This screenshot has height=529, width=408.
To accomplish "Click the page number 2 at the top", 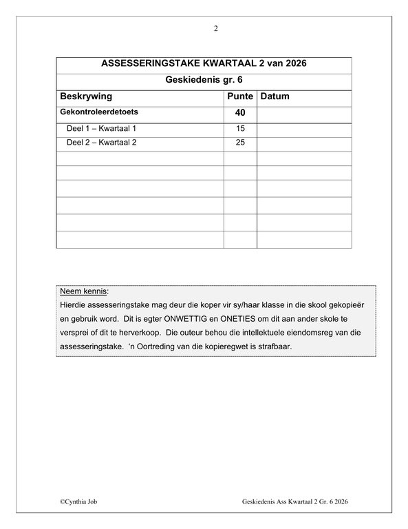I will [x=215, y=28].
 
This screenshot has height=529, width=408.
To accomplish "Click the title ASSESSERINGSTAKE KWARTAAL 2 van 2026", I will [x=204, y=64].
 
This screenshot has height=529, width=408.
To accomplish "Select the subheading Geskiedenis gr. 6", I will [x=204, y=81].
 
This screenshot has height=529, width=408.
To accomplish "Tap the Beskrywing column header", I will [x=86, y=96].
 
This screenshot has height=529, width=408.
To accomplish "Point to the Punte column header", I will [x=240, y=96].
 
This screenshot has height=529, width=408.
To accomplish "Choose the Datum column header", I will [x=275, y=96].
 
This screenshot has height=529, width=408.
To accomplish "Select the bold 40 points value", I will [x=240, y=112].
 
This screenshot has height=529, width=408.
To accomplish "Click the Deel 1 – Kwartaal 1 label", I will [x=103, y=128].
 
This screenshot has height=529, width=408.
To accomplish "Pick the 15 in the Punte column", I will [x=240, y=128].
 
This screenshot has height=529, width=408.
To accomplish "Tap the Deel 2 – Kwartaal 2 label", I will [x=103, y=143].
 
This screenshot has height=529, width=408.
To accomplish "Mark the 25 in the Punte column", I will [x=240, y=143].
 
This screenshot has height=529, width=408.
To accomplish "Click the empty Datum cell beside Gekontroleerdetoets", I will [x=304, y=112].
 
